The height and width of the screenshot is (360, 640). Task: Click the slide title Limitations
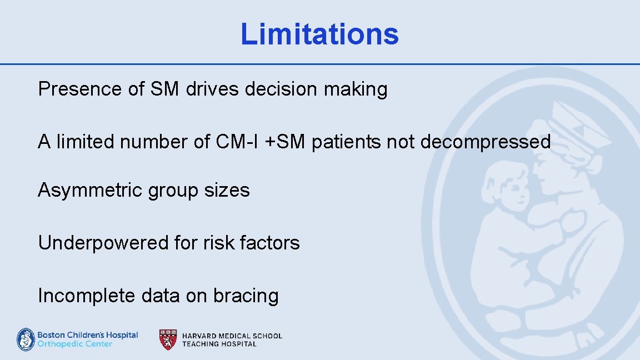click(x=319, y=34)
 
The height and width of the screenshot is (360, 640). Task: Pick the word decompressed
click(x=486, y=142)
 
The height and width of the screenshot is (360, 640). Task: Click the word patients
click(x=346, y=142)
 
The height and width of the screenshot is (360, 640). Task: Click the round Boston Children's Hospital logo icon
click(x=26, y=339)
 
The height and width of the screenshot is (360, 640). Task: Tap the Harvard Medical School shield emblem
click(x=168, y=339)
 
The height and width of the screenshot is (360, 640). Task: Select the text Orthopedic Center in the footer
click(x=74, y=344)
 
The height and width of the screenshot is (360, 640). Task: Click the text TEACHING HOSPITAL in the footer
click(x=219, y=344)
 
